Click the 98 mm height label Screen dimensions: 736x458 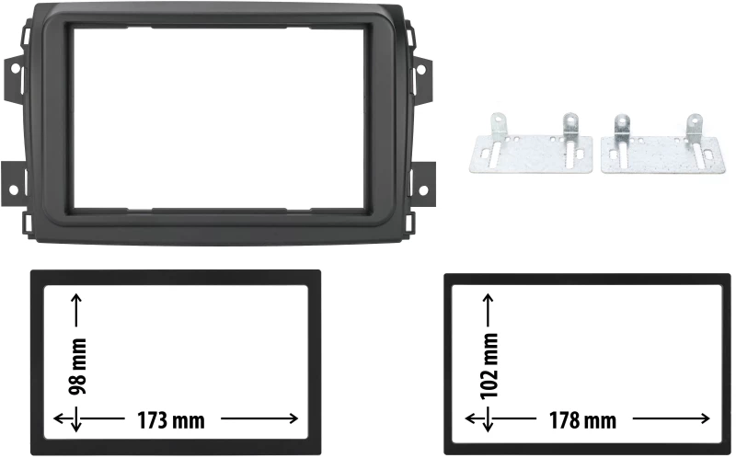coord(78,367)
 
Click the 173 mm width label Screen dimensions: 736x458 coord(171,420)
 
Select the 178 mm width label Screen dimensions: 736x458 coord(583,420)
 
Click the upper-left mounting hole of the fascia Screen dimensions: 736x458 coord(15,68)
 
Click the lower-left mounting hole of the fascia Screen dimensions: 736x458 coord(13,190)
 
